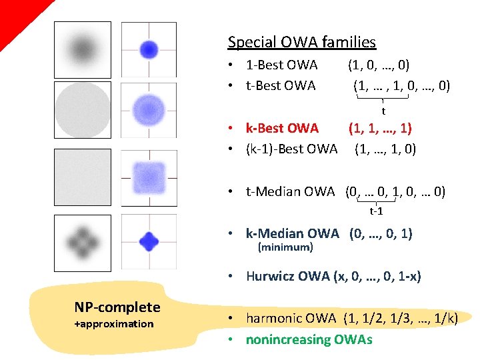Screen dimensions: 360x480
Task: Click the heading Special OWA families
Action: point(301,43)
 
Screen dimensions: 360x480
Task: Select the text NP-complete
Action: point(117,307)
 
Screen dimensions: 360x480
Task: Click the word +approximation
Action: point(114,324)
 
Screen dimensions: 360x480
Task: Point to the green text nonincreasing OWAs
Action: point(309,339)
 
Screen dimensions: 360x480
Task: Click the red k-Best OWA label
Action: point(282,127)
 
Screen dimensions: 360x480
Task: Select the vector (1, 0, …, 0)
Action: point(379,65)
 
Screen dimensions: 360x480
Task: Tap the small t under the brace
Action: point(383,111)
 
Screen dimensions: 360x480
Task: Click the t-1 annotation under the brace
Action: point(376,211)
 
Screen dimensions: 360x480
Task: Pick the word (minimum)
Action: point(285,247)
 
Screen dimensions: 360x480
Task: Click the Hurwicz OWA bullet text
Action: point(333,276)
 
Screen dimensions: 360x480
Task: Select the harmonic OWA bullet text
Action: point(351,319)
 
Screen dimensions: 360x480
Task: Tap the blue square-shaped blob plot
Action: point(149,177)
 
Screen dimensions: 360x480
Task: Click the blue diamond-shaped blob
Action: point(149,241)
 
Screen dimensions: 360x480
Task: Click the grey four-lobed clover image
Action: point(82,241)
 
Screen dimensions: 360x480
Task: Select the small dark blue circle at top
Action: point(149,49)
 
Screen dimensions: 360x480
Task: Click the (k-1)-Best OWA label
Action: point(291,149)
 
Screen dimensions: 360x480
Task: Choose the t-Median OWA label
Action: point(290,192)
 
